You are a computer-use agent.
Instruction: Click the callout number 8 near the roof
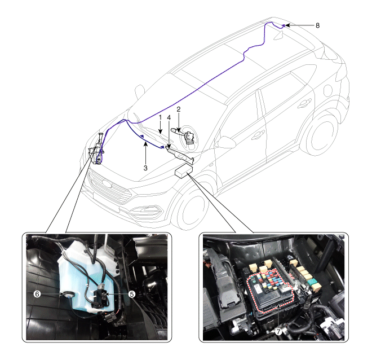[317, 25]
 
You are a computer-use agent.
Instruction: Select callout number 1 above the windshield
[161, 117]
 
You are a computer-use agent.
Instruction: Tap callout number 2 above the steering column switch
[179, 109]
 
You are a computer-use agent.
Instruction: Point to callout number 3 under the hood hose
[145, 168]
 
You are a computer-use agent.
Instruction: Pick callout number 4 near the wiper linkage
[169, 117]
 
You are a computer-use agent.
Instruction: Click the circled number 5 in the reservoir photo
[132, 294]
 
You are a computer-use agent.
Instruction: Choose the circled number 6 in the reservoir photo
[37, 294]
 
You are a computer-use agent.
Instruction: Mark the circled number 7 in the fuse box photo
[278, 331]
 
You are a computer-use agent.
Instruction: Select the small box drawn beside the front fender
[183, 171]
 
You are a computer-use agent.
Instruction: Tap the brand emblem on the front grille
[107, 183]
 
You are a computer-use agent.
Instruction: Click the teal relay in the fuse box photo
[312, 282]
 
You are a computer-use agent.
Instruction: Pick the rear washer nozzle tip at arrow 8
[284, 25]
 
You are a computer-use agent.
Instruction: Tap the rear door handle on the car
[304, 103]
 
